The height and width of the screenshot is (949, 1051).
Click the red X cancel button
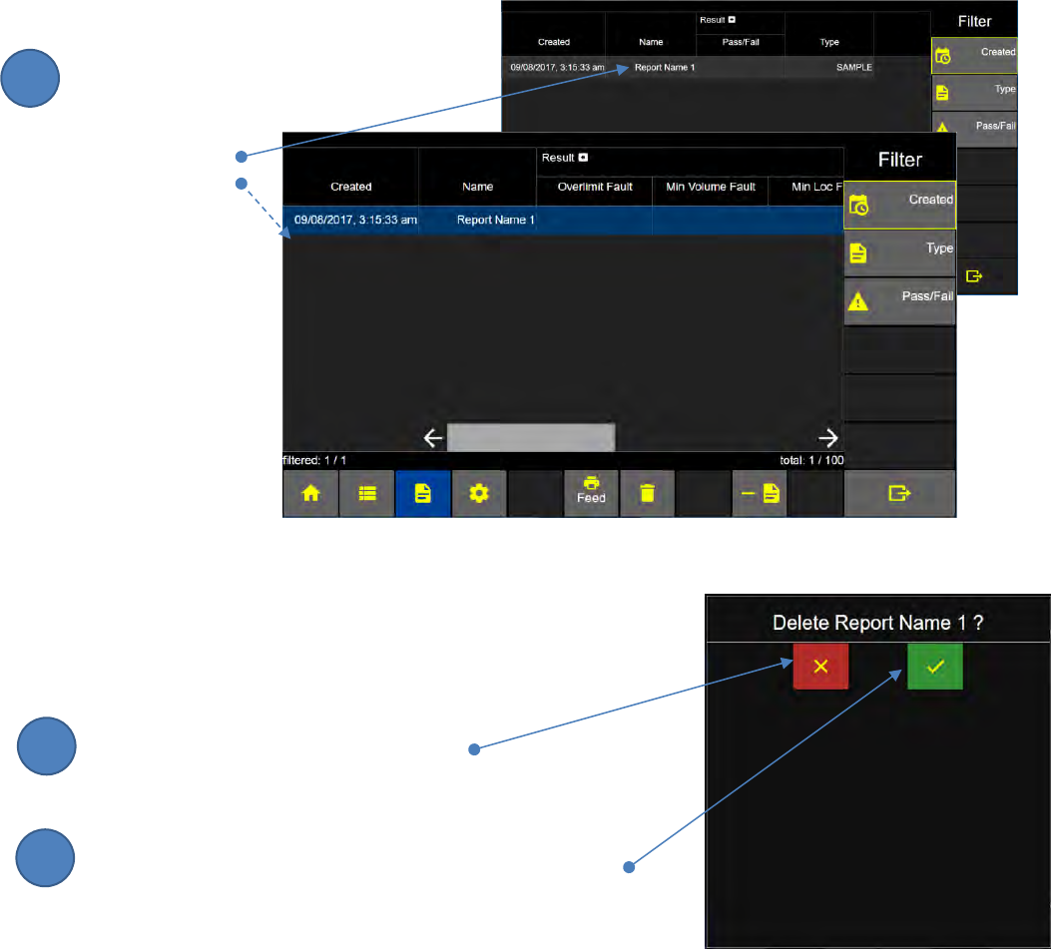[x=820, y=666]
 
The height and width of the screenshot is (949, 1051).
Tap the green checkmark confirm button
[x=934, y=666]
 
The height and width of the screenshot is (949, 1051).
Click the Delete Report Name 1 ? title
[x=878, y=623]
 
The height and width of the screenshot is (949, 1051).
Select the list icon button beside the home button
[x=366, y=494]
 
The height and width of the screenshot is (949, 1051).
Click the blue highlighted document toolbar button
[x=422, y=494]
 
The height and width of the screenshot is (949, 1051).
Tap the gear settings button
[x=479, y=494]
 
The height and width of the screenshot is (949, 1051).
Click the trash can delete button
[x=648, y=494]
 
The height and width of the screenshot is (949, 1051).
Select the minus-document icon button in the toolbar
[x=760, y=494]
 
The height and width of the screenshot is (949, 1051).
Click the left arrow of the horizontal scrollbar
[x=432, y=437]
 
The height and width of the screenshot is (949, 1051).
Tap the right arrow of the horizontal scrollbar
[x=828, y=437]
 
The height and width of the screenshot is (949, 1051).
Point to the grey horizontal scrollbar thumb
[x=531, y=437]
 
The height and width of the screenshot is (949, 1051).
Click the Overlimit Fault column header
[x=595, y=187]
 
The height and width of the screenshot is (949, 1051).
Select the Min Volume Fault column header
[x=710, y=187]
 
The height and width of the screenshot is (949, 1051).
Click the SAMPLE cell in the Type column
[x=847, y=67]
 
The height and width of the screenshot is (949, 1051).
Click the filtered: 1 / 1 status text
[x=314, y=461]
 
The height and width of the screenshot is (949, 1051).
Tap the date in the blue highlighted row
[x=350, y=220]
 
